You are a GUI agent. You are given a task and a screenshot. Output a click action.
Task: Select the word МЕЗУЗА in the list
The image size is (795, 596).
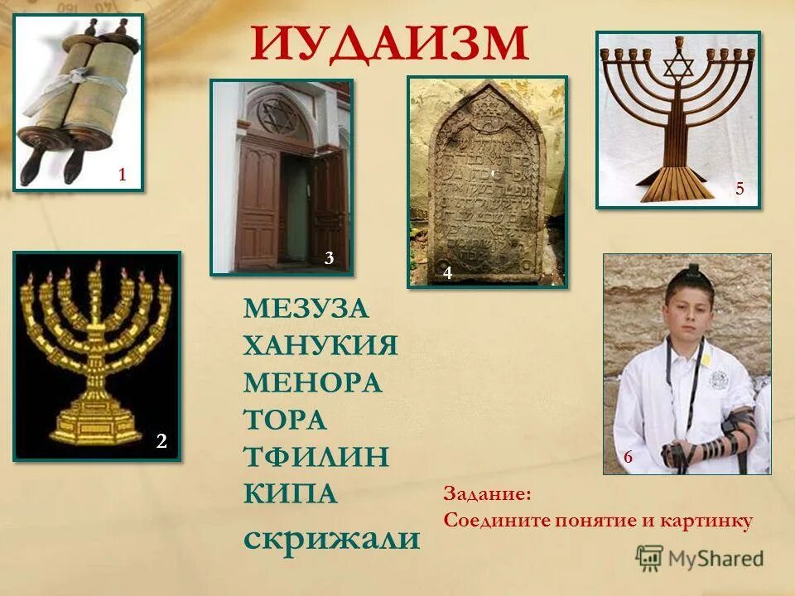pyautogui.click(x=306, y=309)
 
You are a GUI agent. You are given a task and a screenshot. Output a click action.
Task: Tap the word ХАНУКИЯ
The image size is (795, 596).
pyautogui.click(x=320, y=345)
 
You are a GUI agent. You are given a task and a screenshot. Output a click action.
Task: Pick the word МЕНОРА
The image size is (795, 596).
pyautogui.click(x=312, y=382)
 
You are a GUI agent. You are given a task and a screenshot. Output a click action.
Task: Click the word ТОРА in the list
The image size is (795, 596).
pyautogui.click(x=285, y=419)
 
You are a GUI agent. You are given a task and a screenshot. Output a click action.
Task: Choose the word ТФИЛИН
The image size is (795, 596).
pyautogui.click(x=316, y=456)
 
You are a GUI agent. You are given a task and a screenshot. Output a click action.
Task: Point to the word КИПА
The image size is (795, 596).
pyautogui.click(x=291, y=493)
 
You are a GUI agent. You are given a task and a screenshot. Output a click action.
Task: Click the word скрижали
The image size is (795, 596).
pyautogui.click(x=331, y=539)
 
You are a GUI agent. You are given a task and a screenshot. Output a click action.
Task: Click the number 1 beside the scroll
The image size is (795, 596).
pyautogui.click(x=122, y=174)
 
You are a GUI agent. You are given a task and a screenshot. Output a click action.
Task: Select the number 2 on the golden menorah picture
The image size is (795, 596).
pyautogui.click(x=162, y=443)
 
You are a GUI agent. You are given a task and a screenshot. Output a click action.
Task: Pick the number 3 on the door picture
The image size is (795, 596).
pyautogui.click(x=329, y=258)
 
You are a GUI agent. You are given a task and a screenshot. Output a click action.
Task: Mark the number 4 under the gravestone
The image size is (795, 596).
pyautogui.click(x=447, y=272)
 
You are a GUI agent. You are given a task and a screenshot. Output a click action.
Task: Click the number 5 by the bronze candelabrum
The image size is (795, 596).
pyautogui.click(x=740, y=190)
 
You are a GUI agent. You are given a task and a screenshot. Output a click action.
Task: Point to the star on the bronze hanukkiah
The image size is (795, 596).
pyautogui.click(x=678, y=67)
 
